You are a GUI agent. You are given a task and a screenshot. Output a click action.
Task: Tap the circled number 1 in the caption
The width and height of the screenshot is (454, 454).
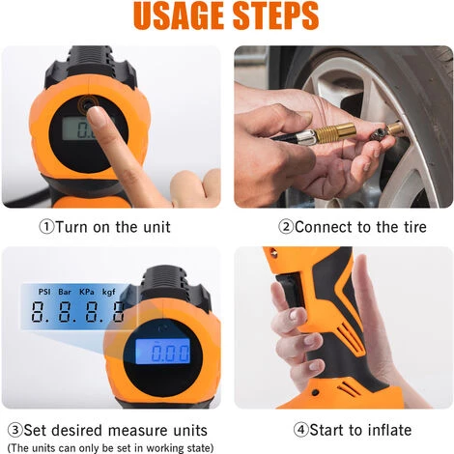coord(45,227)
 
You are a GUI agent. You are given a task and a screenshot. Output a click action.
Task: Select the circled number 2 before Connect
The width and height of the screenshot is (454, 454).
coord(286,227)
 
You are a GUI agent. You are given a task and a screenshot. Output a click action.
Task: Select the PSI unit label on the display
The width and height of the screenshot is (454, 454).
coord(44,290)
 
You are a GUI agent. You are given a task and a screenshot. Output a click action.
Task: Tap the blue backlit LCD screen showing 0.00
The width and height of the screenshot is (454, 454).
coord(161,351)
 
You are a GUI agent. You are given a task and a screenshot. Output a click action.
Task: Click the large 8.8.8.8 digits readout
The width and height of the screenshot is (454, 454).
coord(77,312)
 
